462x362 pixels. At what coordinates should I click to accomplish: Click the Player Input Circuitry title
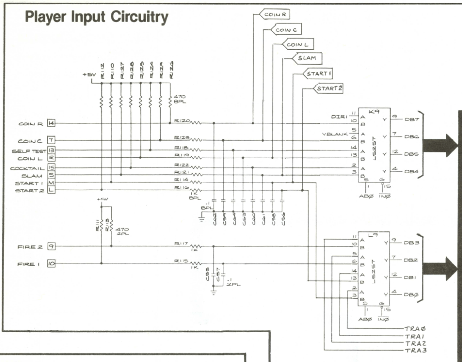(97, 18)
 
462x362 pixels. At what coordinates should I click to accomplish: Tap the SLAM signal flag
(306, 58)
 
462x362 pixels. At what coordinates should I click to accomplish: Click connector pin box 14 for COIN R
(51, 123)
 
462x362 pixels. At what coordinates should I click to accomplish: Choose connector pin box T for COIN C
(51, 141)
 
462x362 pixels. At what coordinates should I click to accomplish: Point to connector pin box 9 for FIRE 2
(51, 246)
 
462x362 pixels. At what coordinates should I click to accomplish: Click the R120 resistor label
(181, 120)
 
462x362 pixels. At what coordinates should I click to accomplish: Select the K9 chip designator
(373, 111)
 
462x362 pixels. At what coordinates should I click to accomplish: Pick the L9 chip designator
(373, 236)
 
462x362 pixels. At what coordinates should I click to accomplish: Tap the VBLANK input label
(334, 134)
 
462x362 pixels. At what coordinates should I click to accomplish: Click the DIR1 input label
(339, 117)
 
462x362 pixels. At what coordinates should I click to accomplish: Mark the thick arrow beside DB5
(439, 146)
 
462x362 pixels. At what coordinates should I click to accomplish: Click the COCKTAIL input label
(28, 168)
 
